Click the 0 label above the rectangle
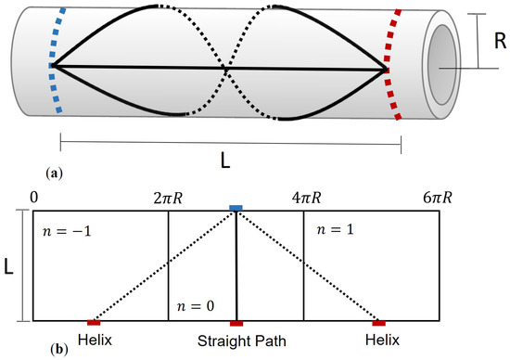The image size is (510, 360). pyautogui.click(x=33, y=198)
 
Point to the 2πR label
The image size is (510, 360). pyautogui.click(x=169, y=198)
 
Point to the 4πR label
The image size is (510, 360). pyautogui.click(x=304, y=198)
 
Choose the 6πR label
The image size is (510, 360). pyautogui.click(x=439, y=198)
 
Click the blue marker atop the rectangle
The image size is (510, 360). pyautogui.click(x=236, y=208)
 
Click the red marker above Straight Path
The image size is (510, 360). pyautogui.click(x=236, y=323)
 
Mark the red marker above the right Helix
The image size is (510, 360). pyautogui.click(x=378, y=323)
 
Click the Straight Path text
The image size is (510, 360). pyautogui.click(x=237, y=341)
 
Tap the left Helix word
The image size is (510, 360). pyautogui.click(x=95, y=341)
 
